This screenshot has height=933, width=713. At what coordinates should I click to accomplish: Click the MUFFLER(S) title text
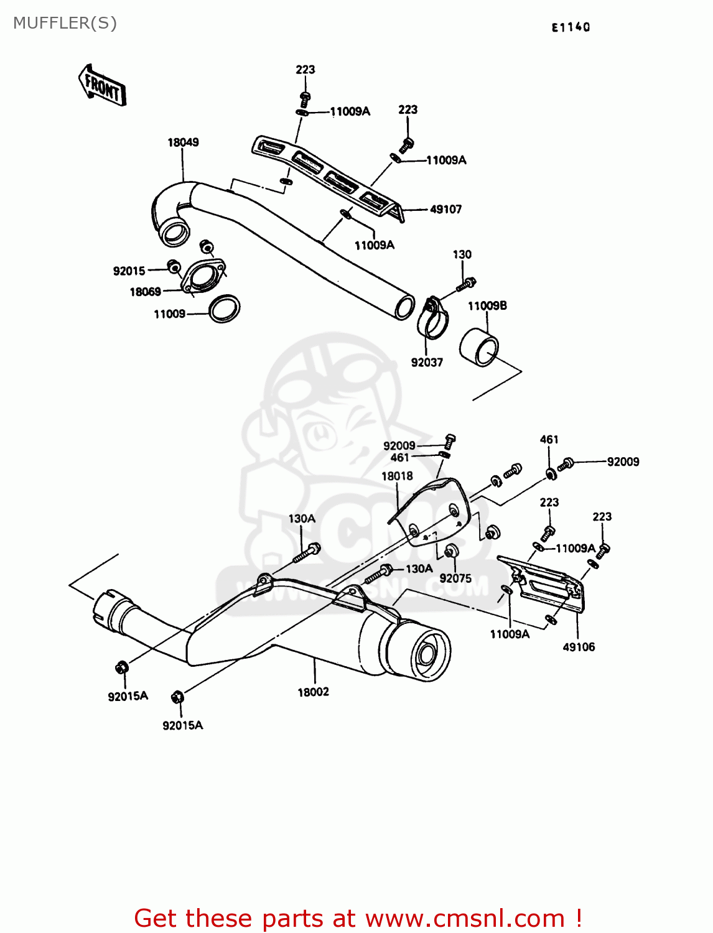coord(65,23)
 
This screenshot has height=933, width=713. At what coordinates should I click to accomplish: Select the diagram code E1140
coord(571,27)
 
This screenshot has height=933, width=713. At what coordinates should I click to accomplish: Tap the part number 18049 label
coord(183,142)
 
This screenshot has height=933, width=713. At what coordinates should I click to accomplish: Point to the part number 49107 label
coord(445,210)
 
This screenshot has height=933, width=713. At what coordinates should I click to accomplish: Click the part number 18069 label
coord(145,292)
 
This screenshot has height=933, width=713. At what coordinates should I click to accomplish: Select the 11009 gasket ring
coord(224,309)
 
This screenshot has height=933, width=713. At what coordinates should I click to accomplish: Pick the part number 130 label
coord(462,254)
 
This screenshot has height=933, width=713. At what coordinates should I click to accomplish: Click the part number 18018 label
coord(397,476)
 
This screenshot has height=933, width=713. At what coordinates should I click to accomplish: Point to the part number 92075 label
coord(455,578)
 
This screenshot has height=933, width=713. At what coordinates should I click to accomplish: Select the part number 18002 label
coord(313,692)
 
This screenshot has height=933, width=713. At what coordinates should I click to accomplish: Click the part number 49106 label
coord(579,647)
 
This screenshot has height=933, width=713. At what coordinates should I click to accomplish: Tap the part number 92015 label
coord(129,271)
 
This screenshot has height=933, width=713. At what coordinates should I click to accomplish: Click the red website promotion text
coord(358,918)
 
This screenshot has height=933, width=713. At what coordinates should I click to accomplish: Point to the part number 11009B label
coord(487,306)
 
